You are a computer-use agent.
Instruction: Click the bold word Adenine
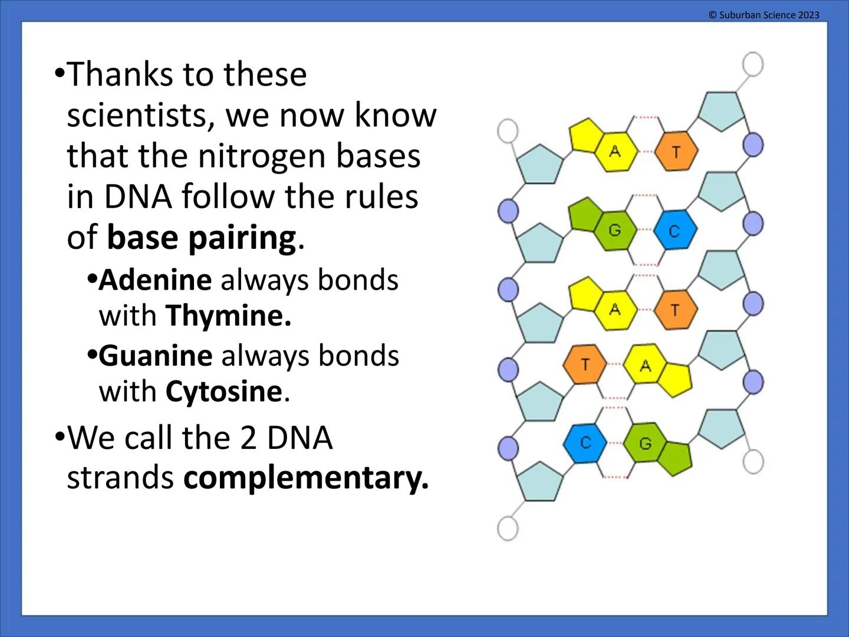(x=155, y=280)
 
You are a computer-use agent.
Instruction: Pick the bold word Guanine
(x=156, y=356)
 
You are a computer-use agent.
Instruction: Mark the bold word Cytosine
(x=224, y=391)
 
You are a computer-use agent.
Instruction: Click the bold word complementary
(x=305, y=478)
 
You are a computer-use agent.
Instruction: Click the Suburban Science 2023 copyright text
(x=764, y=15)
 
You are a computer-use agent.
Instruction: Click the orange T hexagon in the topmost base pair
(x=676, y=152)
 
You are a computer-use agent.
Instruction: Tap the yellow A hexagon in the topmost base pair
(x=615, y=152)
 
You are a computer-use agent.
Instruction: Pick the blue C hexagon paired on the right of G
(x=675, y=231)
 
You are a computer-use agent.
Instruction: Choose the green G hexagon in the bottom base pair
(x=645, y=442)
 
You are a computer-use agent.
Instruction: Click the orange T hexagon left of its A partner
(x=585, y=365)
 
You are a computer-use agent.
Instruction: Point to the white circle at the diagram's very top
(x=752, y=64)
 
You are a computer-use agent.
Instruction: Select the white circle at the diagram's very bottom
(x=508, y=528)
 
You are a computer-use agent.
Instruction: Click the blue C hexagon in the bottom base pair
(x=585, y=442)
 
